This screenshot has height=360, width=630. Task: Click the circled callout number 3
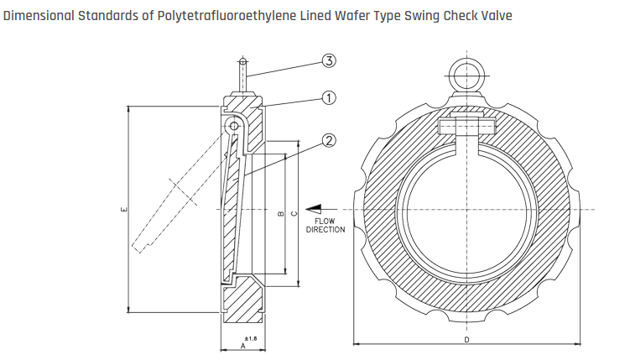click(x=329, y=60)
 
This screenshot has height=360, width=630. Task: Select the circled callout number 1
click(x=329, y=98)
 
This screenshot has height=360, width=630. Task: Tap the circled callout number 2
click(x=329, y=140)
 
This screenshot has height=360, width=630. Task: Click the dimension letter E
click(x=123, y=210)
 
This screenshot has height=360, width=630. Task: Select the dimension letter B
click(x=279, y=215)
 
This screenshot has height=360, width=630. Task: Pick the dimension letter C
click(x=293, y=215)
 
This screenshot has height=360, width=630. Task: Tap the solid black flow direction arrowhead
click(x=313, y=209)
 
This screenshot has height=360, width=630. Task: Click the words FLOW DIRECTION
click(x=325, y=225)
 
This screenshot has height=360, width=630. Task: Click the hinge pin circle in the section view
click(x=233, y=125)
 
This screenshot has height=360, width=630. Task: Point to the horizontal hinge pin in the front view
click(x=466, y=128)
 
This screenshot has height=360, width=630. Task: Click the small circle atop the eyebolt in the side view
click(x=242, y=61)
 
